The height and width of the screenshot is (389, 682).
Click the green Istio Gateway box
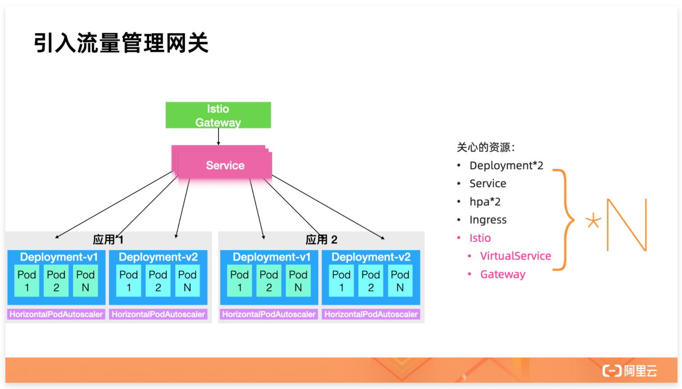(x=218, y=115)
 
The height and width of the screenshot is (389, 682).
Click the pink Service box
(x=225, y=165)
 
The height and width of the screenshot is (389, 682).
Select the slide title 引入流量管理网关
(x=121, y=43)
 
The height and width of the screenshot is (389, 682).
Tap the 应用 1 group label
(x=108, y=239)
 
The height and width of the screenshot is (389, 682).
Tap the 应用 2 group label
(x=321, y=239)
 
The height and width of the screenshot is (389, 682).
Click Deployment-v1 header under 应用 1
(x=59, y=257)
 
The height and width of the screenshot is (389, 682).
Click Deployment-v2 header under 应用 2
(x=371, y=257)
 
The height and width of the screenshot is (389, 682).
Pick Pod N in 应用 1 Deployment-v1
(x=85, y=281)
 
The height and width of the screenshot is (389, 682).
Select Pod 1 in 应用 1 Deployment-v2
(x=128, y=281)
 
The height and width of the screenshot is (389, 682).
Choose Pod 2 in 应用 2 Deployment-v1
(x=268, y=281)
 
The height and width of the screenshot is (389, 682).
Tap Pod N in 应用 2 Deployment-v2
(x=400, y=281)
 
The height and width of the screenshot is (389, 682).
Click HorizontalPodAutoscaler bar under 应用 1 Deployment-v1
(x=56, y=314)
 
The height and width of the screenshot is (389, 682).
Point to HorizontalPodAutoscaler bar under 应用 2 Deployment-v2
(x=371, y=314)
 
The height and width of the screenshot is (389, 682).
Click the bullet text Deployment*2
(x=506, y=166)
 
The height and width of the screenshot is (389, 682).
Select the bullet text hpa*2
(x=485, y=202)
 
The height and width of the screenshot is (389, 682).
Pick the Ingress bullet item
(x=488, y=220)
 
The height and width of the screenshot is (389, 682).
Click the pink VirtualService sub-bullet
(x=515, y=256)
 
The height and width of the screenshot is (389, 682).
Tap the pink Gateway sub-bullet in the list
(x=503, y=274)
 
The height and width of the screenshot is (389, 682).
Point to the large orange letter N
(x=627, y=224)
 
